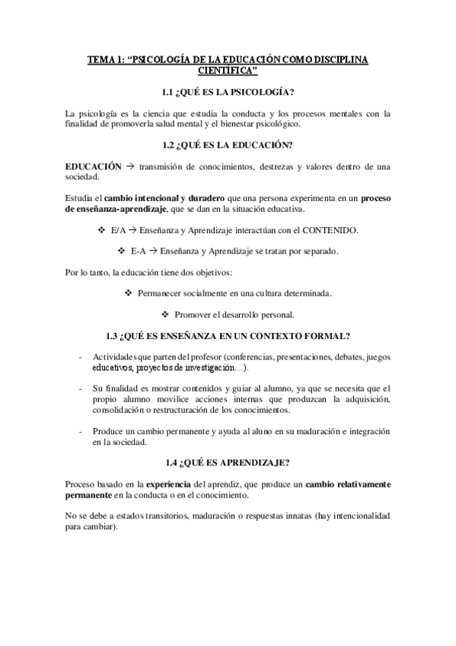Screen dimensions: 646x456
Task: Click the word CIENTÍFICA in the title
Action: [228, 72]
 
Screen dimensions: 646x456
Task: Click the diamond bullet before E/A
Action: [103, 229]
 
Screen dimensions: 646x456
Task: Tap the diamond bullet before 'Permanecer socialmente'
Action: [128, 293]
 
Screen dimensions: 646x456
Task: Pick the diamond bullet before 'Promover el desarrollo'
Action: [165, 314]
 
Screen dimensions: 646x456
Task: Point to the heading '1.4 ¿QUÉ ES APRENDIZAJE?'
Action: [228, 462]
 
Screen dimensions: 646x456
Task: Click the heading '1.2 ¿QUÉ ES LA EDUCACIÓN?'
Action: [228, 145]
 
